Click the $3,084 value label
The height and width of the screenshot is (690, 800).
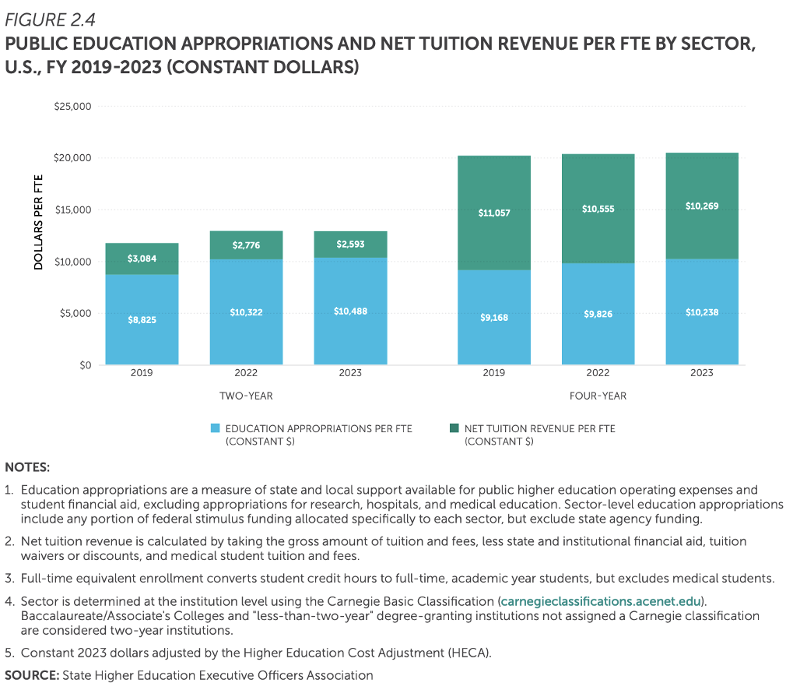[142, 259]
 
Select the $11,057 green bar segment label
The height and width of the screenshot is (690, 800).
[494, 213]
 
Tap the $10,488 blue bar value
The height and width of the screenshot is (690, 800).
[350, 311]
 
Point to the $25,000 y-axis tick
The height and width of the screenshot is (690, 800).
[73, 106]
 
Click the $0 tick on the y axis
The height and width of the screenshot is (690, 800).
[85, 365]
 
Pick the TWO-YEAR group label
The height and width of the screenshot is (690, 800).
[246, 396]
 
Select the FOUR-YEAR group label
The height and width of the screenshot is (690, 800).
[598, 396]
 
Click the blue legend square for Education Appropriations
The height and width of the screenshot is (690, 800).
[216, 428]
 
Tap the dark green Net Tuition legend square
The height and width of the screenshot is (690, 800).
[454, 428]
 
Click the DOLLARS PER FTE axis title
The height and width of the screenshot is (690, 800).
[38, 222]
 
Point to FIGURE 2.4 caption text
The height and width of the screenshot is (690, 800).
[50, 19]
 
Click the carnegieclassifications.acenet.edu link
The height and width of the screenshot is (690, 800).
[601, 601]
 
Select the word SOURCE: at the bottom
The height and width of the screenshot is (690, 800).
[32, 675]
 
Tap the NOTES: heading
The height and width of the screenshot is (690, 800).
[27, 467]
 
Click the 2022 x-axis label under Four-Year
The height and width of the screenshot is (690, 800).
[598, 373]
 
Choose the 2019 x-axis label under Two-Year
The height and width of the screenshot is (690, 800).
[142, 373]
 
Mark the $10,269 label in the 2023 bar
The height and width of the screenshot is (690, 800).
[702, 206]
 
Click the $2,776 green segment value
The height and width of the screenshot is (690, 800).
[246, 245]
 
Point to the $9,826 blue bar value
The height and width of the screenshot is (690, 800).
[598, 314]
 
